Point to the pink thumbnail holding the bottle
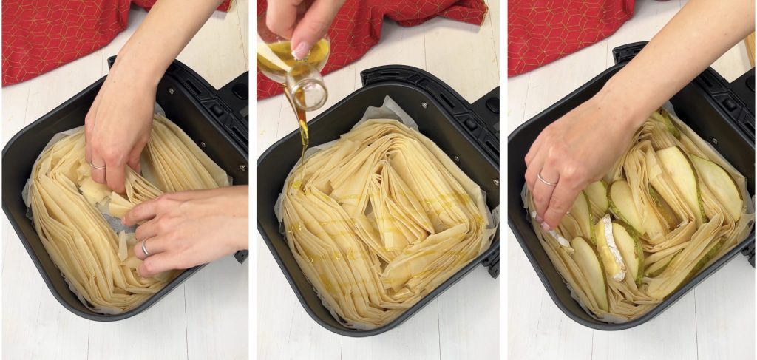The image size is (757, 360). [x=302, y=50]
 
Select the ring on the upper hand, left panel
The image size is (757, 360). [x=98, y=166]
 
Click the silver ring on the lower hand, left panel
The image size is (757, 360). [x=145, y=248]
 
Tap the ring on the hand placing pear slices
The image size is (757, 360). [x=546, y=179]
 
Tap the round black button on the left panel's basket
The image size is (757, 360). [x=240, y=89]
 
